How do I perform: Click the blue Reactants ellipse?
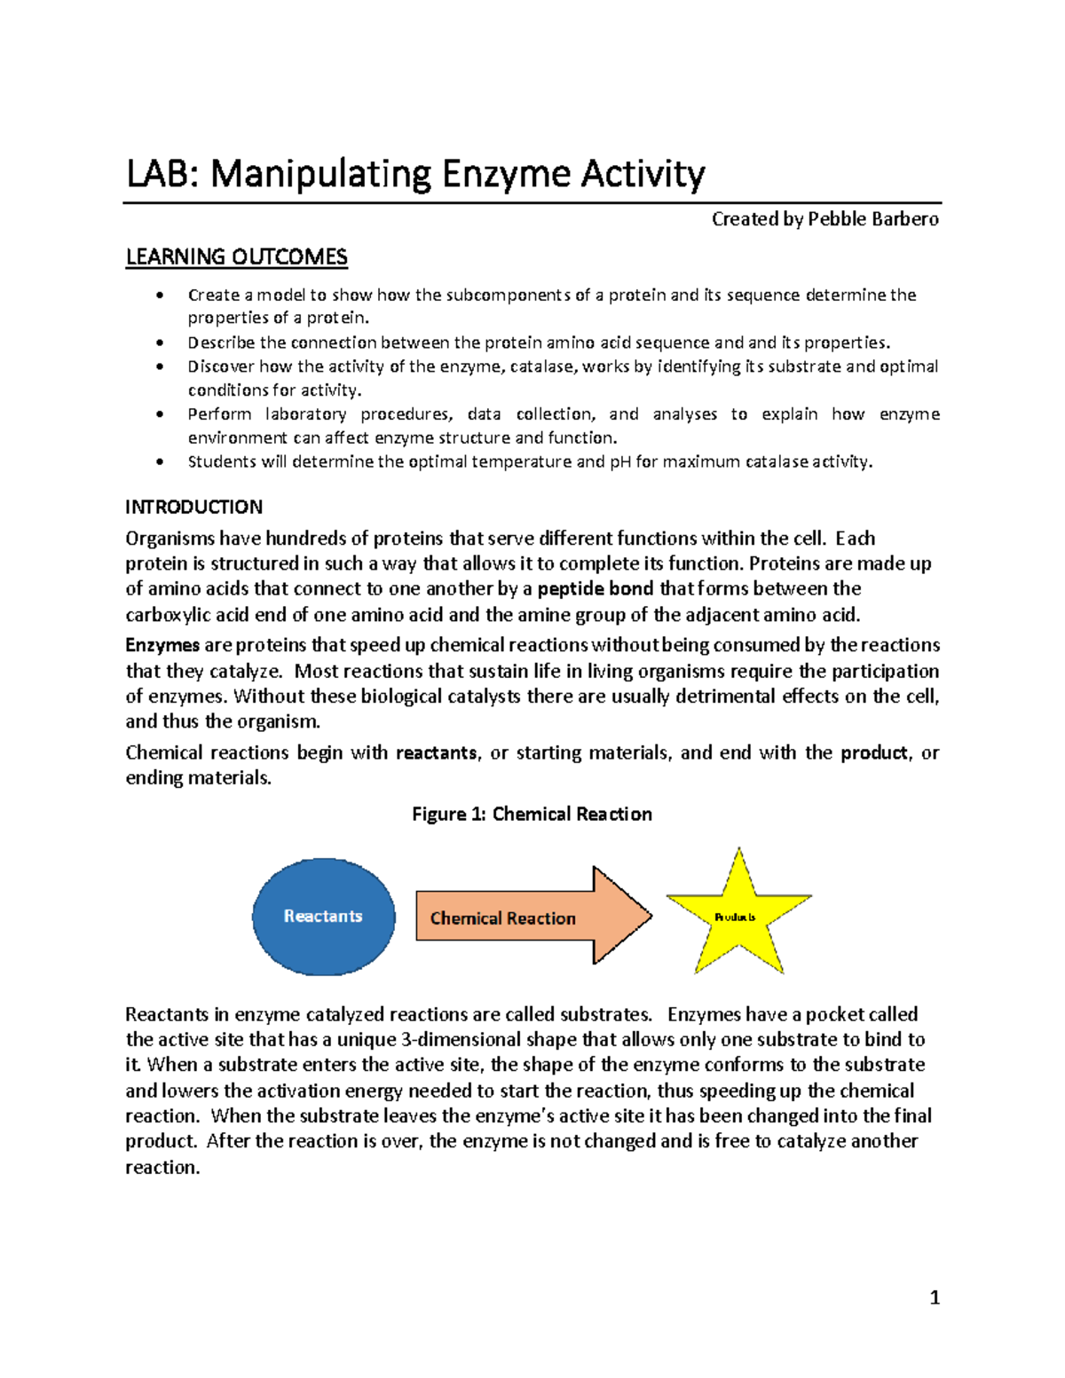tap(323, 917)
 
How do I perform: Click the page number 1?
tap(934, 1298)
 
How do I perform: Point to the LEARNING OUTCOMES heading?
tap(236, 257)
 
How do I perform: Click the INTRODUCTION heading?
tap(193, 507)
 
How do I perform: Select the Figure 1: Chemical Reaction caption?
tap(532, 814)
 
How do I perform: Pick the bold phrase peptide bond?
tap(595, 588)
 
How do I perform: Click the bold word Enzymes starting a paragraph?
tap(162, 645)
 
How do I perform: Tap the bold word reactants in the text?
tap(436, 752)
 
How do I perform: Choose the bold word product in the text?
tap(873, 752)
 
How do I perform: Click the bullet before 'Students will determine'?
tap(160, 461)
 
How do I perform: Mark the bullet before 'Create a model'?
tap(160, 295)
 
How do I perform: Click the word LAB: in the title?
tap(162, 173)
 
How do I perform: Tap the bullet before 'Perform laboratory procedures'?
tap(160, 414)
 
